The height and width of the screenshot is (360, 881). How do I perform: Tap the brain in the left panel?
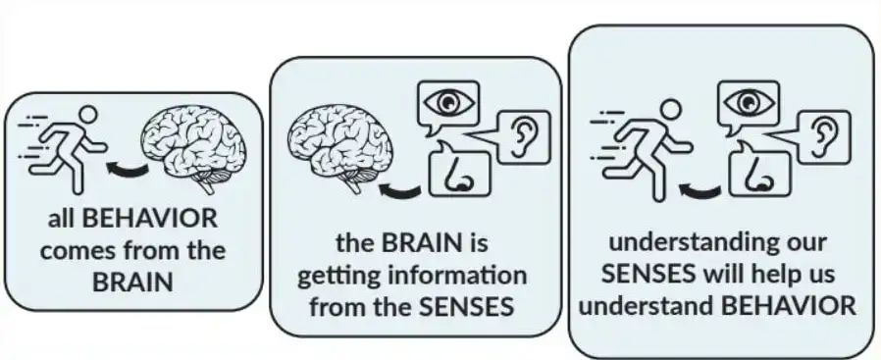pos(193,147)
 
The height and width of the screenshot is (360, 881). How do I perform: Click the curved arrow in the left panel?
pos(129,169)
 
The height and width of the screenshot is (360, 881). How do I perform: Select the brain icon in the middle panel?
pos(340,149)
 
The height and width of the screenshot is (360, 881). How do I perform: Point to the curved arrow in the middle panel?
pos(400,191)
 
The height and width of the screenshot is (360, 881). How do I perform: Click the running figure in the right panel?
pos(642,150)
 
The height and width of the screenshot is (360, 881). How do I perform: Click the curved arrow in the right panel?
pos(700,191)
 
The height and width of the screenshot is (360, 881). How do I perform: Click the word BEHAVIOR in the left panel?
pos(149,219)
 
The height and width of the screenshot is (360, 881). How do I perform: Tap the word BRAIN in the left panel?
pos(132,282)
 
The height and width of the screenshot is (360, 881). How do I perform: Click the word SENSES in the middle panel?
pos(467,307)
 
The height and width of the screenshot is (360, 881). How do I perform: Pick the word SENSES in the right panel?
pos(648,275)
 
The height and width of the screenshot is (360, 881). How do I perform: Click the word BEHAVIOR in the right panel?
pos(789,306)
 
